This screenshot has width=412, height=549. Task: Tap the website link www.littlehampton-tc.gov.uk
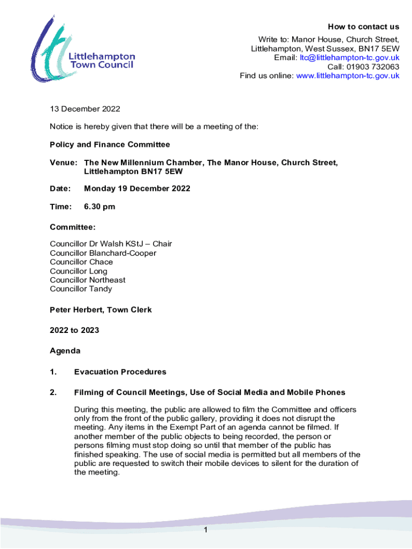click(348, 76)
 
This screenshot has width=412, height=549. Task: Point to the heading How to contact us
click(363, 27)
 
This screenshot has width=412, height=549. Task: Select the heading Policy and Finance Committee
click(110, 144)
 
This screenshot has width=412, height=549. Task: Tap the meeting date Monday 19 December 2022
click(137, 188)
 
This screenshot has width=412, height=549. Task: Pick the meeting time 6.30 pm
click(100, 206)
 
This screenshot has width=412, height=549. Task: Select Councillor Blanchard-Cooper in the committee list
click(103, 253)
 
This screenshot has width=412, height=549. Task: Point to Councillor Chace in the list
click(81, 262)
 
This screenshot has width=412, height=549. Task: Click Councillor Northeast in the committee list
click(88, 280)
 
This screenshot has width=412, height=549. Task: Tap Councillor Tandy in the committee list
click(81, 289)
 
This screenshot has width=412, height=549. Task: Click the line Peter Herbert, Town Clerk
click(101, 310)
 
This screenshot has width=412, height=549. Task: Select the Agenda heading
click(65, 351)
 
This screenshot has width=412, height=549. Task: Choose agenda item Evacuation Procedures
click(120, 372)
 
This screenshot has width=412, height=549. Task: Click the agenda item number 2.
click(53, 392)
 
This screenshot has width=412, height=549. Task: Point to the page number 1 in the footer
click(205, 530)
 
